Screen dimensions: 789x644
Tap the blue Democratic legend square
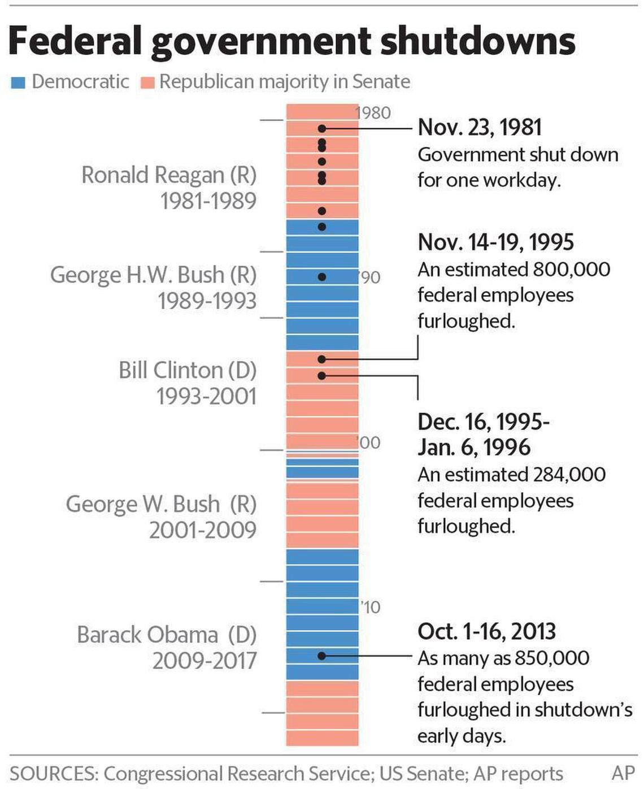pyautogui.click(x=18, y=83)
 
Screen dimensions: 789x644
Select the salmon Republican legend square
pyautogui.click(x=147, y=83)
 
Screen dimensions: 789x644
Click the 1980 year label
pyautogui.click(x=373, y=113)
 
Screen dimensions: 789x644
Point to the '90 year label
pyautogui.click(x=370, y=278)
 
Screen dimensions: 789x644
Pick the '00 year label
pyautogui.click(x=369, y=442)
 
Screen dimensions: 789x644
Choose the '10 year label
pyautogui.click(x=371, y=607)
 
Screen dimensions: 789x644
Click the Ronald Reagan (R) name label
pyautogui.click(x=168, y=175)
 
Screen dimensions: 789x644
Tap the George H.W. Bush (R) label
pyautogui.click(x=153, y=275)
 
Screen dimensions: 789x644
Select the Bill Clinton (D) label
pyautogui.click(x=187, y=370)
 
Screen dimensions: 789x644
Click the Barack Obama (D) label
pyautogui.click(x=167, y=635)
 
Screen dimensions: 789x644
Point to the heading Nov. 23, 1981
pyautogui.click(x=480, y=127)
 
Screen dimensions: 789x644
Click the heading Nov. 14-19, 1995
pyautogui.click(x=495, y=242)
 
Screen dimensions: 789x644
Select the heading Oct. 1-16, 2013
pyautogui.click(x=486, y=631)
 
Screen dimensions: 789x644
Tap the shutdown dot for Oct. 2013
pyautogui.click(x=321, y=656)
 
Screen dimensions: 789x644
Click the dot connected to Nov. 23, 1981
pyautogui.click(x=321, y=129)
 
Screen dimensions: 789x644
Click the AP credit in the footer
pyautogui.click(x=623, y=773)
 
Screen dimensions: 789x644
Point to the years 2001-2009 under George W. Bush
pyautogui.click(x=203, y=530)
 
